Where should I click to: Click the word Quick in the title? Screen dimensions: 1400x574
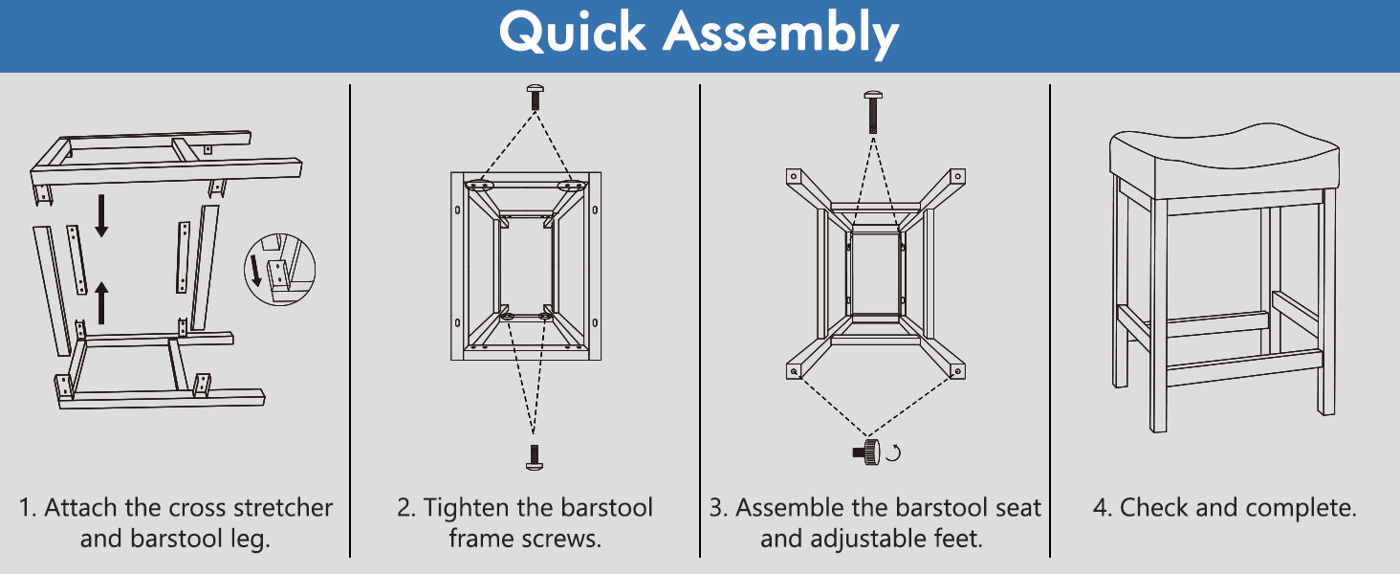point(572,33)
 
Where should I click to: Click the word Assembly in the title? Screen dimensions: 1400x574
point(780,35)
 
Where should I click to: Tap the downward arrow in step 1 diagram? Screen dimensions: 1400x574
point(101,215)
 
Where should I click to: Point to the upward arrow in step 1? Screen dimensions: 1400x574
point(101,302)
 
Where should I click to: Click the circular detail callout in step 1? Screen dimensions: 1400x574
point(279,270)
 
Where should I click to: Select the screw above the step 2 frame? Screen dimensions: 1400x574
point(535,98)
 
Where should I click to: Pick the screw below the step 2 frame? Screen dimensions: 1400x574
point(535,457)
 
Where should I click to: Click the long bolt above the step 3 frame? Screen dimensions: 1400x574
point(873,112)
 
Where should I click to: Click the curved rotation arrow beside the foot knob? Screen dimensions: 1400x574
point(895,453)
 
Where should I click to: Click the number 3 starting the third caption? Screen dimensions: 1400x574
point(715,508)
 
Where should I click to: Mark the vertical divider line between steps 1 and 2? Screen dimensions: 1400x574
point(350,320)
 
